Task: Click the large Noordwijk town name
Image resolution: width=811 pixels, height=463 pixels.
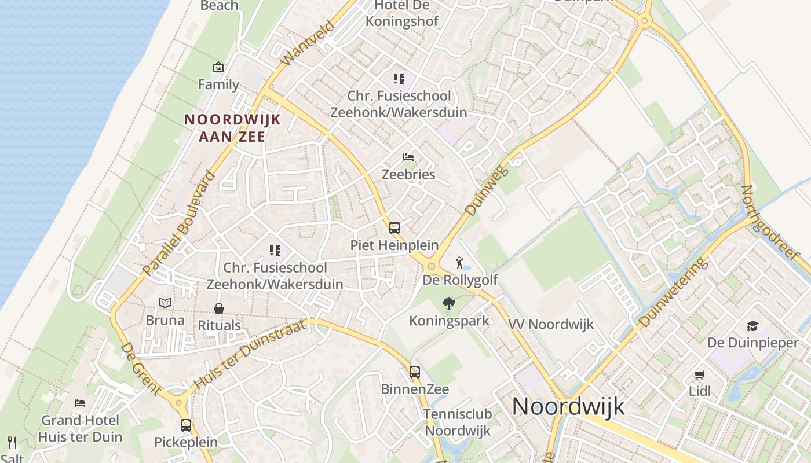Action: [568, 406]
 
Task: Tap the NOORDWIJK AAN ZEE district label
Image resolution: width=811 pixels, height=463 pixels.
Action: [232, 128]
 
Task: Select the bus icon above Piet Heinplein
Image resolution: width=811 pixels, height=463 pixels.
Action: [394, 227]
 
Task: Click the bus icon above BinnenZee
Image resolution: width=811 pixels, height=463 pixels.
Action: [415, 372]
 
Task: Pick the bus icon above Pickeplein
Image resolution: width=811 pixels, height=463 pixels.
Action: [186, 425]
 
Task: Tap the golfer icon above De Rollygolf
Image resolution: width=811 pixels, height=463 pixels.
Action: [460, 263]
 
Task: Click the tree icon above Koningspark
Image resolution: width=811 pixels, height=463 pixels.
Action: [448, 304]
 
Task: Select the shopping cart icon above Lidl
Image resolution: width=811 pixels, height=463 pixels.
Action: [700, 374]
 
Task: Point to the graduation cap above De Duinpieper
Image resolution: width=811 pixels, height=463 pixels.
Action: [752, 326]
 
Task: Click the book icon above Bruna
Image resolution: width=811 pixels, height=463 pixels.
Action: [165, 303]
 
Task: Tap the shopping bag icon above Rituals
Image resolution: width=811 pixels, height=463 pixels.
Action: [219, 308]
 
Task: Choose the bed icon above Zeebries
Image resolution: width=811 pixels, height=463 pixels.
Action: [408, 157]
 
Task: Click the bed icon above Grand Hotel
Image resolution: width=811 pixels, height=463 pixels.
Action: [80, 403]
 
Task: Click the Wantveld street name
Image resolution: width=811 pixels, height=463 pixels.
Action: [307, 43]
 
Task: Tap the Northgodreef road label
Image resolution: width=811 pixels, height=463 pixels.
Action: [770, 223]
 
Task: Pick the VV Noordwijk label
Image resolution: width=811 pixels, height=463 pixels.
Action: [551, 324]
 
